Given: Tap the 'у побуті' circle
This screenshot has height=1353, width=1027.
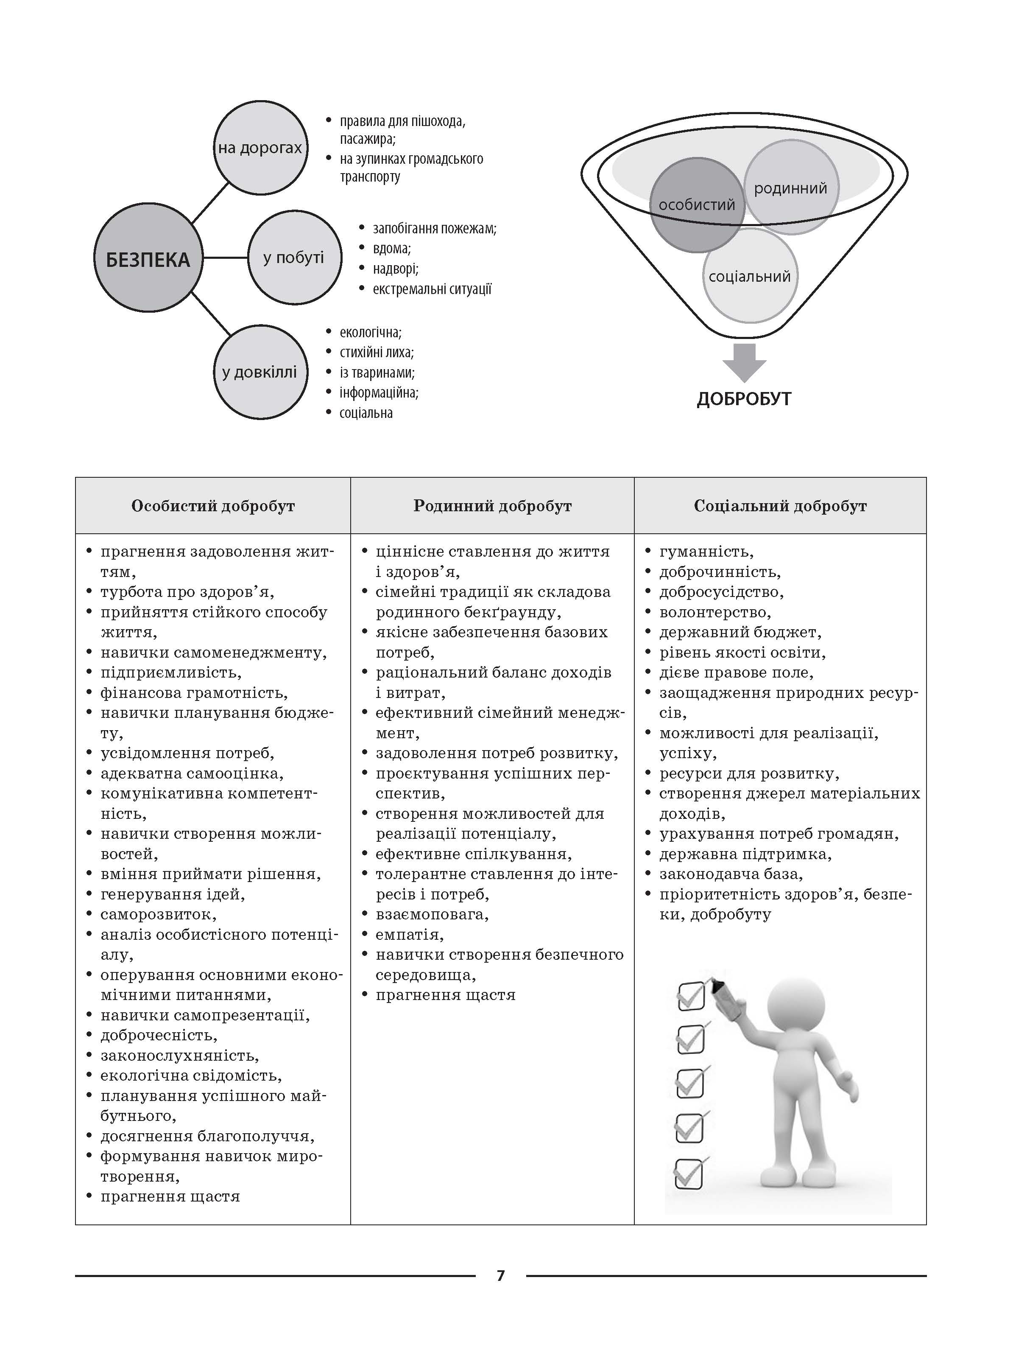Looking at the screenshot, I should (294, 258).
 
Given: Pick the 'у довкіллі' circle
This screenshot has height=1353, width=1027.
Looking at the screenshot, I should (260, 372).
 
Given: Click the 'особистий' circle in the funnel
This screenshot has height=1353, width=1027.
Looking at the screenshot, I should (696, 205).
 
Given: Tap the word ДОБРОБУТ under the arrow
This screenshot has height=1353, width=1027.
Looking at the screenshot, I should (744, 399).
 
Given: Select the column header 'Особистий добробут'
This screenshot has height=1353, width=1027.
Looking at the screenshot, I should (213, 506).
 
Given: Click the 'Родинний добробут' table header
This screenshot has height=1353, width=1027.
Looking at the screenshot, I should (492, 506).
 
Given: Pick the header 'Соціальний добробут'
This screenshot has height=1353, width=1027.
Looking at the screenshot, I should (780, 506).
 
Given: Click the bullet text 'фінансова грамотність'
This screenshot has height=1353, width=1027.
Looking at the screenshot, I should (194, 692).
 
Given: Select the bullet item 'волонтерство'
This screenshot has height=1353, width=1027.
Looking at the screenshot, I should (714, 612).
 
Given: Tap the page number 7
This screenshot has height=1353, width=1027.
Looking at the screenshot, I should (501, 1275).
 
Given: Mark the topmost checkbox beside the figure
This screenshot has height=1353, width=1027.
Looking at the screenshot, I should (692, 996).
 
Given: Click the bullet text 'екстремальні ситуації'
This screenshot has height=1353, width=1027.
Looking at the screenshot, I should (432, 289).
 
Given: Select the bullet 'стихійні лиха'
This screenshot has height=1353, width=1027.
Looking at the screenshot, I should (377, 352).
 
